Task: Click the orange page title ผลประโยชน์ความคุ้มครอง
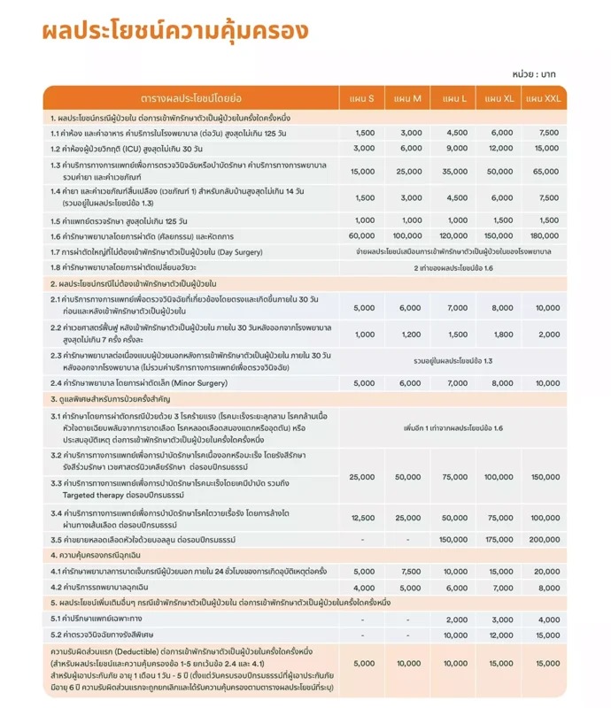174,30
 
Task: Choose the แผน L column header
455,97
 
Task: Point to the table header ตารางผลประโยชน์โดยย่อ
191,97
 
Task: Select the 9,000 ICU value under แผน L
455,148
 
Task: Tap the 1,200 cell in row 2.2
410,335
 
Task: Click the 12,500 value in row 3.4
364,517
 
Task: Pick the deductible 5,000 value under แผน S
364,663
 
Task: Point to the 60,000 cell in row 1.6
364,236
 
